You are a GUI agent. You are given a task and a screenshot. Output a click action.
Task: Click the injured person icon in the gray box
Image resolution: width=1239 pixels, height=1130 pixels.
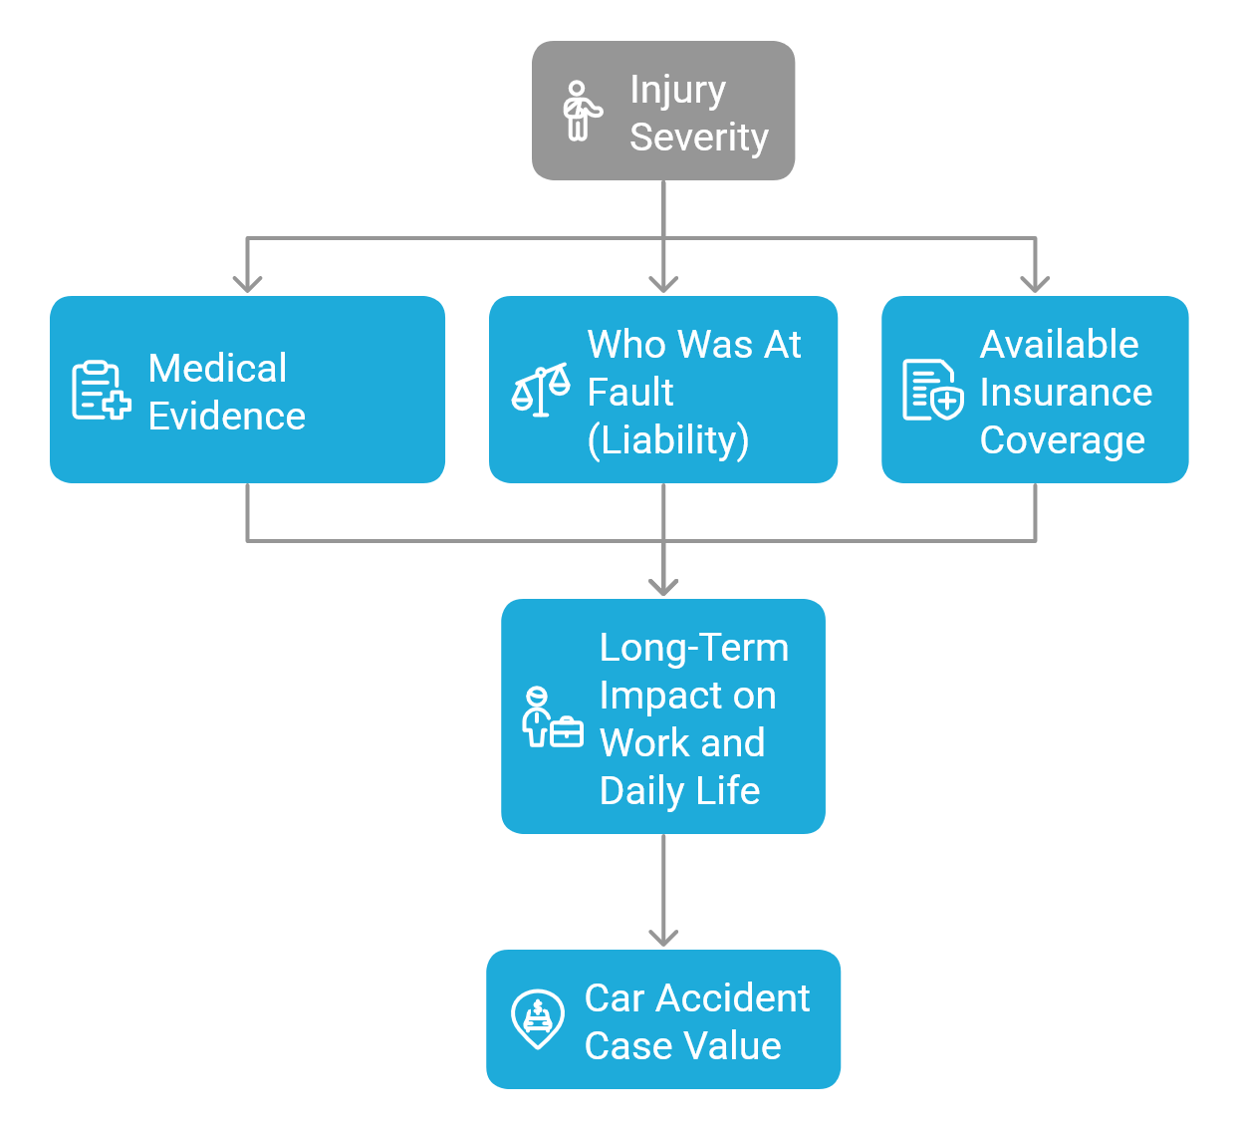(x=581, y=111)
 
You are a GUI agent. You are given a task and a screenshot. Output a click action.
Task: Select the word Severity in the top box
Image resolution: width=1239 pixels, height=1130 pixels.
(x=698, y=138)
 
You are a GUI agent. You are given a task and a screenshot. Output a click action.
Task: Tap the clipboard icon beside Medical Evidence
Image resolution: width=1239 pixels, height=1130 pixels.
(x=101, y=391)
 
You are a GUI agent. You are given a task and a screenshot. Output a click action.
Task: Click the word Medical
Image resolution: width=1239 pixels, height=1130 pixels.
(x=217, y=369)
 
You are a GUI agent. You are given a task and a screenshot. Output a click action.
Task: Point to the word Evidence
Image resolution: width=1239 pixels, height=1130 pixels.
(x=226, y=417)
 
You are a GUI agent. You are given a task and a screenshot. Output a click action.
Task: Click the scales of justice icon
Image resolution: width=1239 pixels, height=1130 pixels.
(x=541, y=390)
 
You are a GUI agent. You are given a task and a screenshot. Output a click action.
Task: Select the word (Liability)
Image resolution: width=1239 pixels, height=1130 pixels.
(x=667, y=439)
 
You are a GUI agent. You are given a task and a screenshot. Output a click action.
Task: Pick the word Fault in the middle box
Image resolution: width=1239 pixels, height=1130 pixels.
(x=629, y=393)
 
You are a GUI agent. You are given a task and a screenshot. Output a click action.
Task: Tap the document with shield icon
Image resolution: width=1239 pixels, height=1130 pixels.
(x=932, y=391)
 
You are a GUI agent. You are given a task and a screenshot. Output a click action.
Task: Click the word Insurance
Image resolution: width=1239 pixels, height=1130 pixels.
(x=1065, y=393)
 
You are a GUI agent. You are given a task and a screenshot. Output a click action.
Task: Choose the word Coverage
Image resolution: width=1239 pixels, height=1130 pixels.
(x=1062, y=440)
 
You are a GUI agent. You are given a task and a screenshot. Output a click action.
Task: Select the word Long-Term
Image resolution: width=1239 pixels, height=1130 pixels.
(x=693, y=648)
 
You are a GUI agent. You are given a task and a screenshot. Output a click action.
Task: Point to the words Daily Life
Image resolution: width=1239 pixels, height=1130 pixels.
(x=679, y=791)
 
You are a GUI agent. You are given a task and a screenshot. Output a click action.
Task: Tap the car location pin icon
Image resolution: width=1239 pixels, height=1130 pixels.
(x=538, y=1018)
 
